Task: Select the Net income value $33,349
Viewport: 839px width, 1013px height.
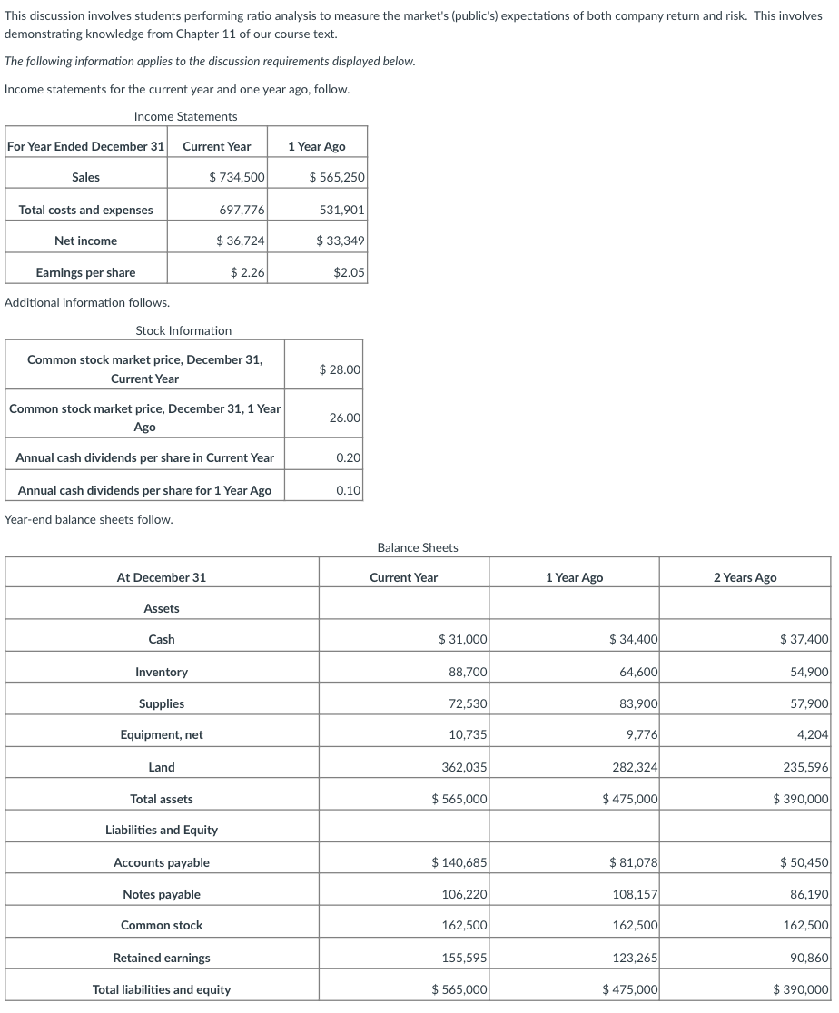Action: point(340,241)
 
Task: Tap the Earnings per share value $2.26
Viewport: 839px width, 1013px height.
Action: point(247,272)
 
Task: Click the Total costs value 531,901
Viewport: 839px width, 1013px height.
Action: point(342,210)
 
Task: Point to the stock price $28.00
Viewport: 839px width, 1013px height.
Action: point(340,369)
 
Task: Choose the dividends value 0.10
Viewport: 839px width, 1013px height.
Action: point(348,490)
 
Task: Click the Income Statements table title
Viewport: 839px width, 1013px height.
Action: point(185,116)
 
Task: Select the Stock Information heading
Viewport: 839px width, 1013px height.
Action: point(183,330)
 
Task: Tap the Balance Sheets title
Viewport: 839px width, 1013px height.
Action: point(418,547)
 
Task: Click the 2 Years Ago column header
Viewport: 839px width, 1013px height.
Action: point(745,577)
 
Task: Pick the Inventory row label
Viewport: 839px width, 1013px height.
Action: point(162,672)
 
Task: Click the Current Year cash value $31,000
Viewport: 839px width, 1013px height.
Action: point(462,640)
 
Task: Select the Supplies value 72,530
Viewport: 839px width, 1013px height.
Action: point(468,703)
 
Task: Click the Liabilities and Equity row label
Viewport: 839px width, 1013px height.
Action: point(162,830)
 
